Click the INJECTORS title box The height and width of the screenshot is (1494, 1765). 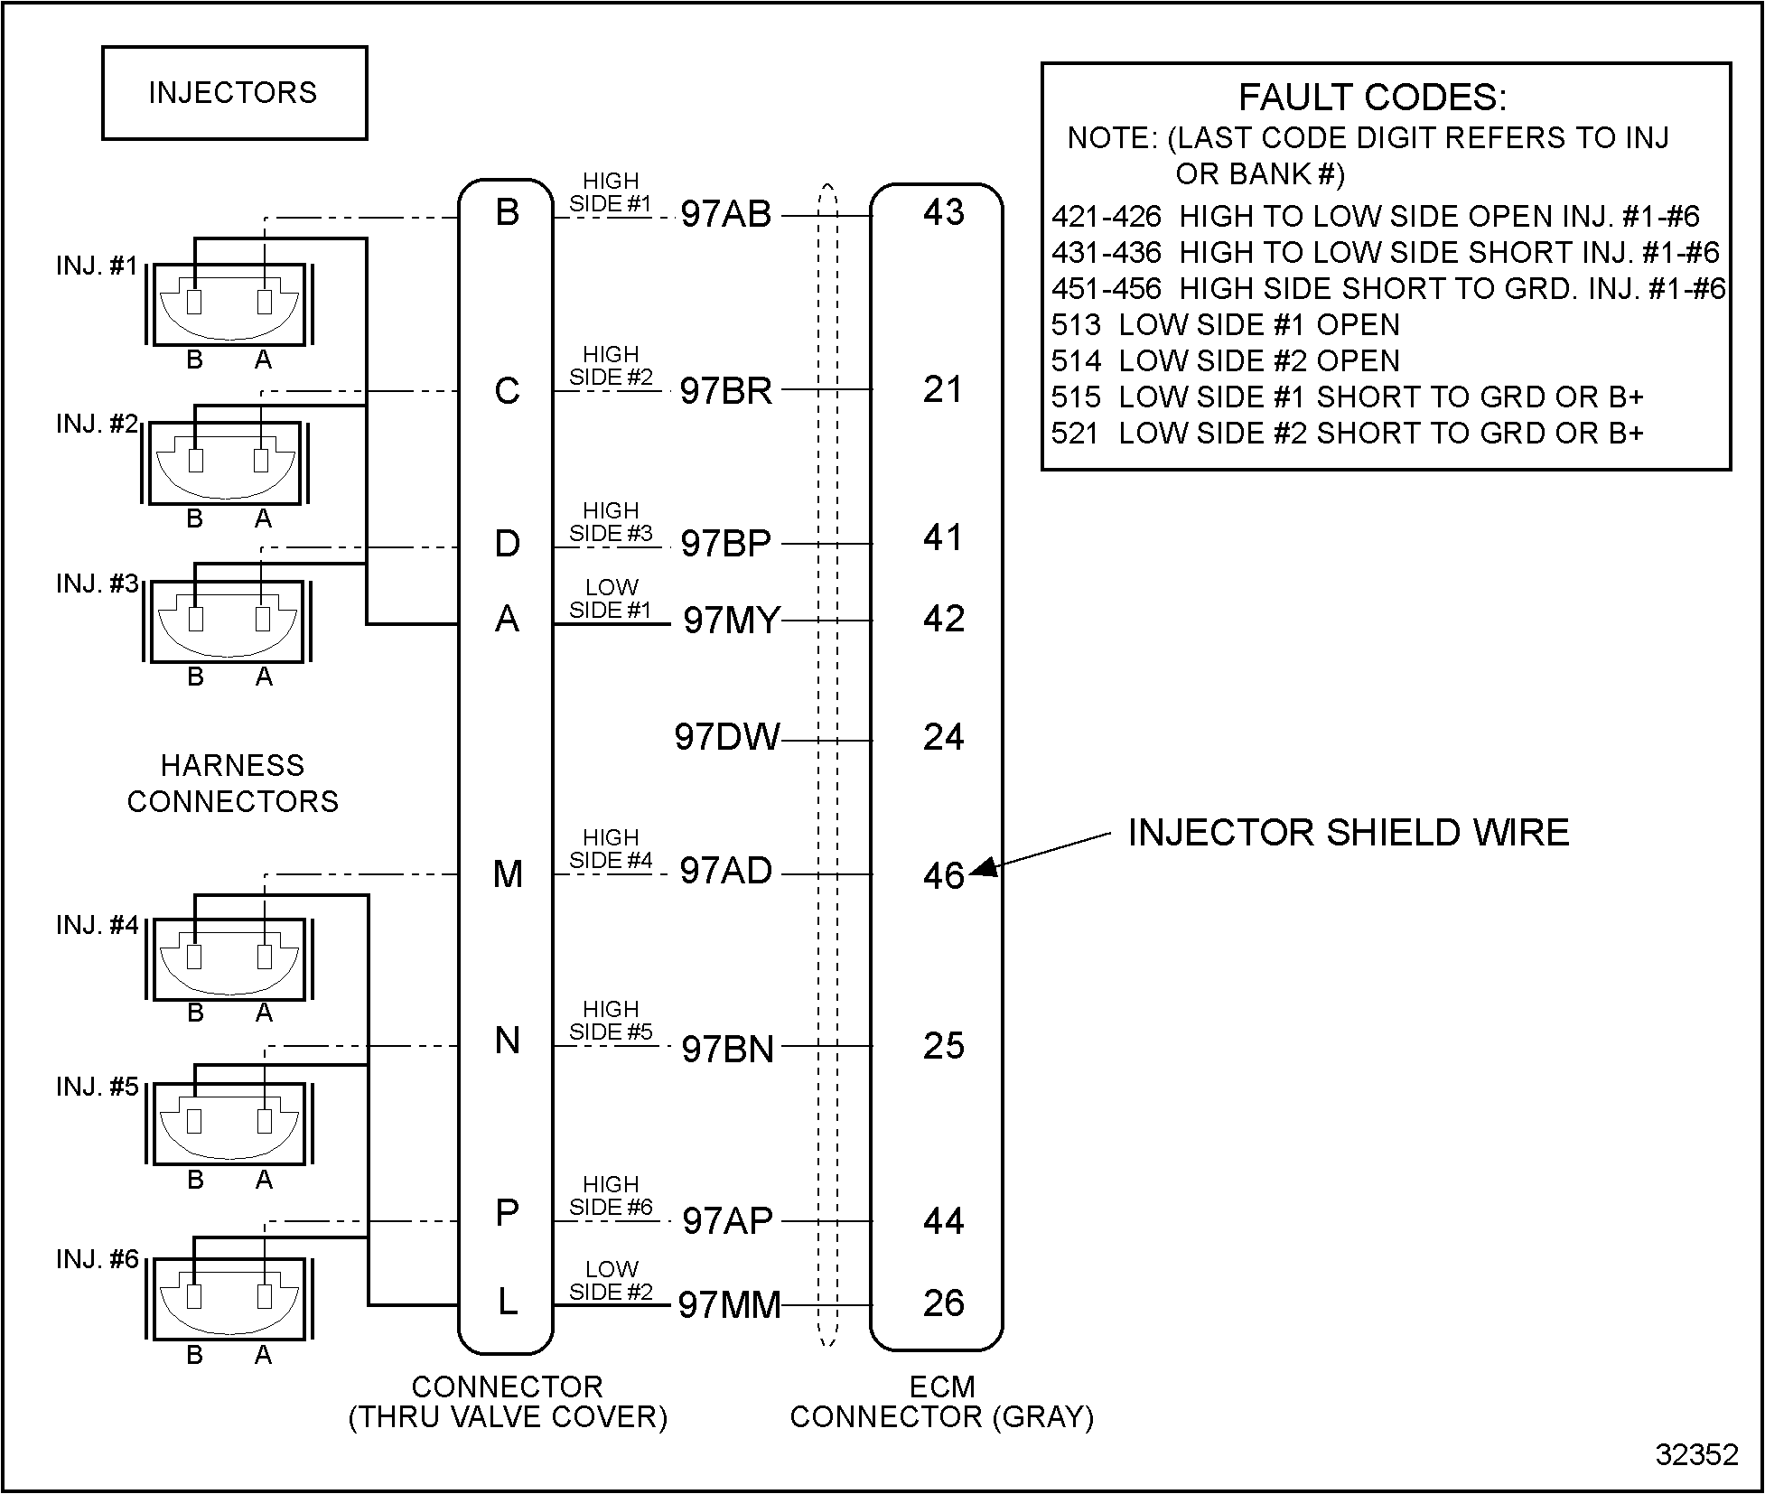pyautogui.click(x=234, y=93)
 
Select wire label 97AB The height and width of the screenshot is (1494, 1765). pyautogui.click(x=726, y=214)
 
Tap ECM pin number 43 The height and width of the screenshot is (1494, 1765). pyautogui.click(x=944, y=212)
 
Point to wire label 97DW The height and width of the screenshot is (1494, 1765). pyautogui.click(x=726, y=737)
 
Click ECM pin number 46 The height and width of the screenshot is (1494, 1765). pyautogui.click(x=944, y=875)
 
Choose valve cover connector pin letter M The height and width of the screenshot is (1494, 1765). pyautogui.click(x=508, y=874)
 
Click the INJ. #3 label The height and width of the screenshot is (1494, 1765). pyautogui.click(x=98, y=584)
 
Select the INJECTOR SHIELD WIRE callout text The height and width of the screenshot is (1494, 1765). pyautogui.click(x=1349, y=832)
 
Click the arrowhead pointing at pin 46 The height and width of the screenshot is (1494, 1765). pyautogui.click(x=983, y=867)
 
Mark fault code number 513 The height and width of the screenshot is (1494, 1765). pyautogui.click(x=1076, y=325)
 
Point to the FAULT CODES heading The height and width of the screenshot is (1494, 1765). pyautogui.click(x=1372, y=97)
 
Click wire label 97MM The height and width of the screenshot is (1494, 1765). pyautogui.click(x=729, y=1304)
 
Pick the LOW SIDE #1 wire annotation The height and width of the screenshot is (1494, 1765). pyautogui.click(x=611, y=599)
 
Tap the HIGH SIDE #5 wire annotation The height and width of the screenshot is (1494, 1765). pyautogui.click(x=611, y=1021)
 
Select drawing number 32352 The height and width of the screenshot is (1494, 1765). pyautogui.click(x=1696, y=1454)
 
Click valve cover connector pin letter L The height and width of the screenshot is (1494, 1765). pyautogui.click(x=508, y=1302)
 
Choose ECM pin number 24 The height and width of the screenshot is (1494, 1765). pyautogui.click(x=944, y=738)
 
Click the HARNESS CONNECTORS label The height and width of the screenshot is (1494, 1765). pyautogui.click(x=233, y=783)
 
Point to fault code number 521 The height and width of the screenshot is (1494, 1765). pyautogui.click(x=1076, y=434)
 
